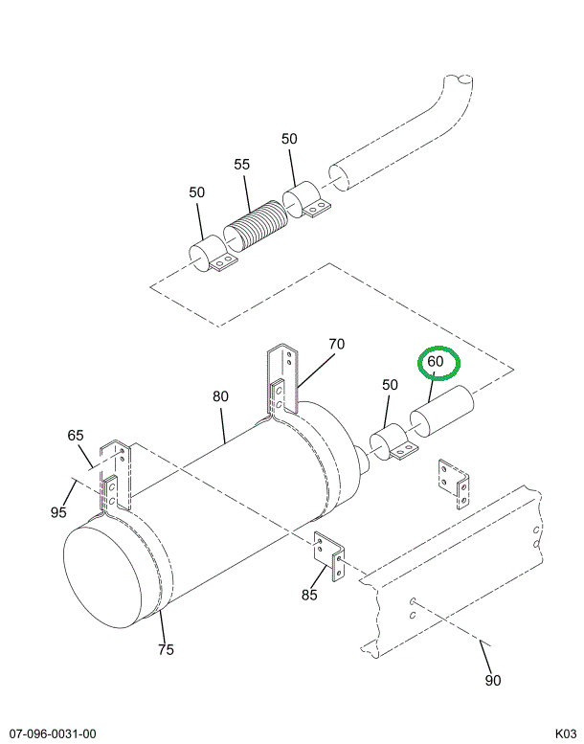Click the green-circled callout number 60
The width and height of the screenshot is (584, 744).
pos(437,362)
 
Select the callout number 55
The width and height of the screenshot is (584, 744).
pos(242,165)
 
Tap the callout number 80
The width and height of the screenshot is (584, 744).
pos(221,395)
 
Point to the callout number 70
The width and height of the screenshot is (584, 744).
pos(336,345)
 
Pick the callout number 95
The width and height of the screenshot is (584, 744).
pos(59,512)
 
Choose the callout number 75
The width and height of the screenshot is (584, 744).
pos(167,649)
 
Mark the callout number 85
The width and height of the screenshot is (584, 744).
pos(309,595)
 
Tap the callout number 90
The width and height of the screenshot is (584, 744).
pos(492,681)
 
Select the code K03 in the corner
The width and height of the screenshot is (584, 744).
pos(566,734)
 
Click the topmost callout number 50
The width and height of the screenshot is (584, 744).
pos(290,139)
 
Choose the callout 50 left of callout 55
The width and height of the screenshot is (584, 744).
pos(197,192)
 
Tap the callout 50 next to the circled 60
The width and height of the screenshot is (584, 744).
pos(390,385)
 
